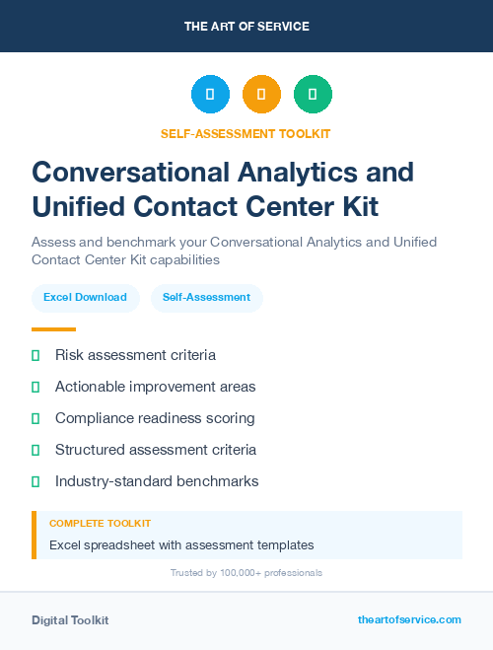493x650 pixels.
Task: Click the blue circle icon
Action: pos(210,95)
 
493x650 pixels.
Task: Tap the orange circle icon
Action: pos(261,95)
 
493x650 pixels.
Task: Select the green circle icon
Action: pos(313,95)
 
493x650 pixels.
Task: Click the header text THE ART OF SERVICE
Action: pos(246,27)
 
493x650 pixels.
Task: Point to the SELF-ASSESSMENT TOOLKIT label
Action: pos(246,133)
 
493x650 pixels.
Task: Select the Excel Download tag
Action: pos(85,297)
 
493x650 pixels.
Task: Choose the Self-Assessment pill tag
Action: pos(206,297)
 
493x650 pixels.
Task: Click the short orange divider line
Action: pos(53,329)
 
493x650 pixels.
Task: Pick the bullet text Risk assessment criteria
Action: pos(135,355)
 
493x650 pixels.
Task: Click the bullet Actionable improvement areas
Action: pos(155,387)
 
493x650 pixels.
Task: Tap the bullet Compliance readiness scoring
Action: pos(155,418)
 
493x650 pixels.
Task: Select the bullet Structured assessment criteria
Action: pos(156,450)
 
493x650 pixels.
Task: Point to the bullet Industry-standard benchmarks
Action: pos(157,481)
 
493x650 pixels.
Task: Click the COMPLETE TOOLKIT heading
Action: pos(100,524)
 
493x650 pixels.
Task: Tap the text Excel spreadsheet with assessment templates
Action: pos(181,544)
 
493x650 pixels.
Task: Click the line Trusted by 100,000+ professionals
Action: pos(246,573)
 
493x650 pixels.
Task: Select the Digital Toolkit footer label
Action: pos(70,620)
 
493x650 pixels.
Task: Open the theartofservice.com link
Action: pos(409,619)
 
